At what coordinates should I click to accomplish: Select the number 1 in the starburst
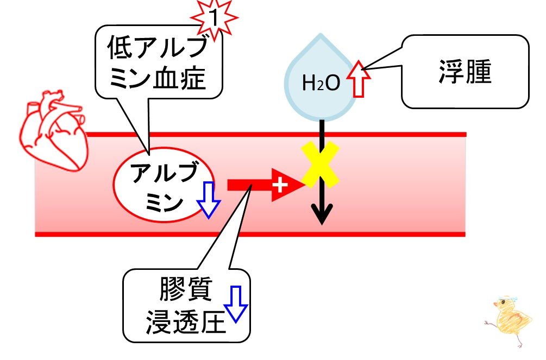click(214, 18)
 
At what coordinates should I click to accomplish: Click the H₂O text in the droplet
click(321, 84)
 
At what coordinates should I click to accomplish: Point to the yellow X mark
click(321, 165)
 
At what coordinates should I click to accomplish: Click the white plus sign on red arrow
click(280, 185)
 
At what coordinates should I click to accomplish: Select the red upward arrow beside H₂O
click(359, 79)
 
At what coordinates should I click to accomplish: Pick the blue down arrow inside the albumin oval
click(208, 200)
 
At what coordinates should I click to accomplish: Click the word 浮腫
click(465, 72)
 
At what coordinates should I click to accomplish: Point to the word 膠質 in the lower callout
click(186, 289)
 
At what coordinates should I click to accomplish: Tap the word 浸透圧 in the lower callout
click(186, 322)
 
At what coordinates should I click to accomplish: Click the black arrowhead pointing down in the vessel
click(322, 214)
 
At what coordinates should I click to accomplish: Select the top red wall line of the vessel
click(275, 135)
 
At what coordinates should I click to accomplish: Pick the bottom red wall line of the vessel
click(250, 235)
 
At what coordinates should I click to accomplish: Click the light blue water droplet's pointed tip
click(321, 34)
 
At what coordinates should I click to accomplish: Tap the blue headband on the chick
click(507, 299)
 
